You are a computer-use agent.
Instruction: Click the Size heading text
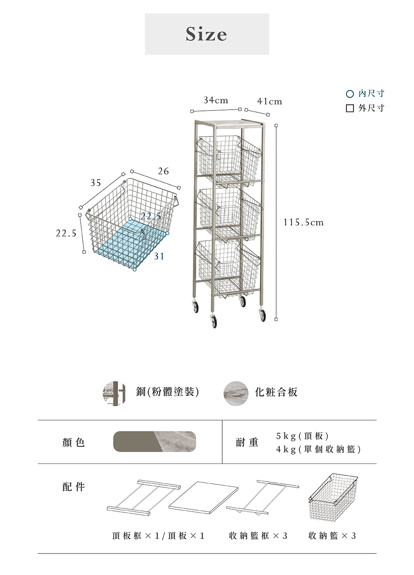pyautogui.click(x=207, y=34)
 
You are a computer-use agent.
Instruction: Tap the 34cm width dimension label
pyautogui.click(x=215, y=100)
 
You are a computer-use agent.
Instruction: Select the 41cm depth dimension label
pyautogui.click(x=270, y=101)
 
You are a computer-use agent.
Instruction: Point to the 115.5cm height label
pyautogui.click(x=303, y=223)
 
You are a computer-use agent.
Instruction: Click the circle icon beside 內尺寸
pyautogui.click(x=350, y=94)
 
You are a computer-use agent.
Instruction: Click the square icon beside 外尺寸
pyautogui.click(x=350, y=108)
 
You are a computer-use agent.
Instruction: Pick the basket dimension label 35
pyautogui.click(x=96, y=183)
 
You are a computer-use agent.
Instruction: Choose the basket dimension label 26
pyautogui.click(x=164, y=171)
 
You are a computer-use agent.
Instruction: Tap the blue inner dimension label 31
pyautogui.click(x=159, y=256)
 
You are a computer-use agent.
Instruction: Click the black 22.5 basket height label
pyautogui.click(x=66, y=233)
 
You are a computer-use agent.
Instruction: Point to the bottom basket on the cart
pyautogui.click(x=228, y=265)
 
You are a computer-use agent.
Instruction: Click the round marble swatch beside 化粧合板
pyautogui.click(x=236, y=393)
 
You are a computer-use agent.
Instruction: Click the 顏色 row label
pyautogui.click(x=74, y=443)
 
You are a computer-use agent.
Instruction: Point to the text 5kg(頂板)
pyautogui.click(x=302, y=436)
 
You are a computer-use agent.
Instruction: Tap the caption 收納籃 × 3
pyautogui.click(x=332, y=536)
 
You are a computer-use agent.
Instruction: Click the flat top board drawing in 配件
pyautogui.click(x=203, y=497)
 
